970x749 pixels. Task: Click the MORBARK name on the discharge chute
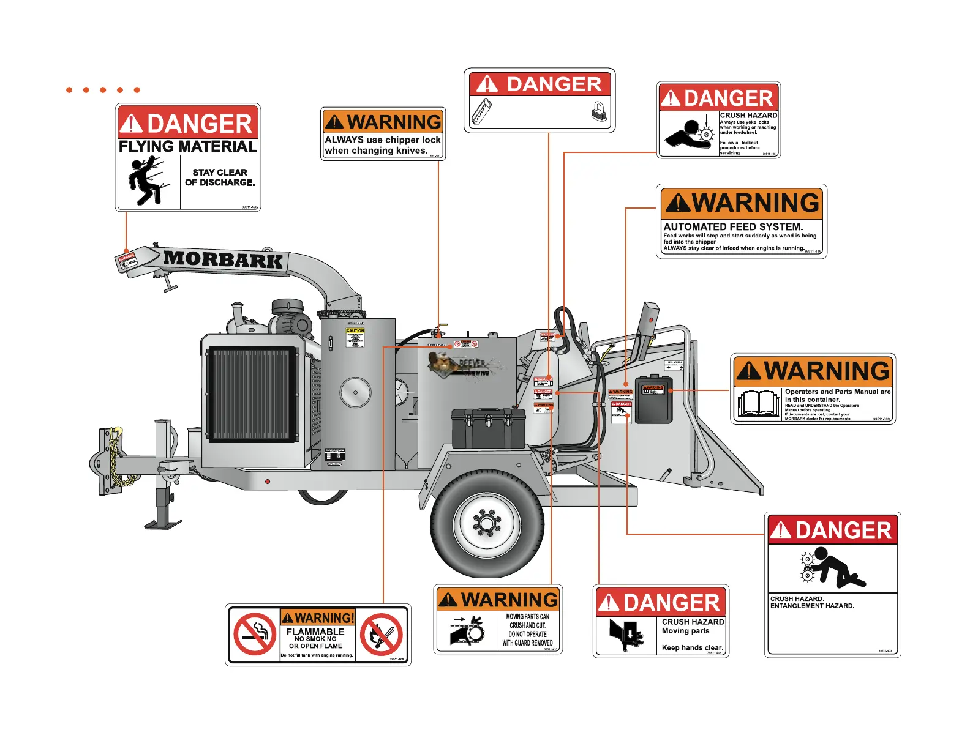pyautogui.click(x=223, y=259)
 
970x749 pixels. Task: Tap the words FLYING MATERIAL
pyautogui.click(x=187, y=147)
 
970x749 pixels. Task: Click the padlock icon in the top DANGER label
pyautogui.click(x=598, y=111)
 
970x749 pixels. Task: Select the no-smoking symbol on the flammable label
pyautogui.click(x=255, y=635)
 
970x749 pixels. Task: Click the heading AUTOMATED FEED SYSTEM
pyautogui.click(x=733, y=226)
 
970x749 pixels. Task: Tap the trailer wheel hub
pyautogui.click(x=487, y=523)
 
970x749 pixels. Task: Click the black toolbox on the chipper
pyautogui.click(x=488, y=428)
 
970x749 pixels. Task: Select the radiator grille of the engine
pyautogui.click(x=251, y=395)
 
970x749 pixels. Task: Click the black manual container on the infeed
pyautogui.click(x=653, y=399)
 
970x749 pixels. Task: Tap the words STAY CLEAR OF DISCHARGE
pyautogui.click(x=220, y=177)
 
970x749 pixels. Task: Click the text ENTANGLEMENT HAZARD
pyautogui.click(x=812, y=606)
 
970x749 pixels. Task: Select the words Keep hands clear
pyautogui.click(x=692, y=647)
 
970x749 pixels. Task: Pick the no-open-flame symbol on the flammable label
pyautogui.click(x=381, y=635)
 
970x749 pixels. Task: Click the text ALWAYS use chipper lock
pyautogui.click(x=383, y=140)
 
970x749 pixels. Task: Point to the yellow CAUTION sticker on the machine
pyautogui.click(x=355, y=337)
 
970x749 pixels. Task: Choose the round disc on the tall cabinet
pyautogui.click(x=355, y=392)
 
